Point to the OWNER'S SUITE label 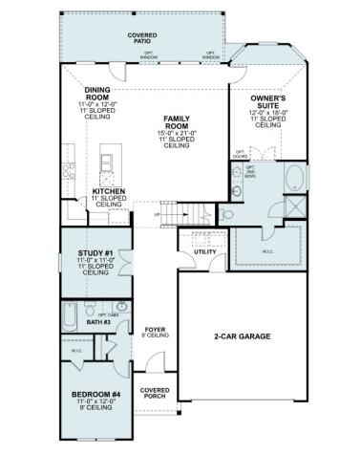271,102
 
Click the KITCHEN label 109,191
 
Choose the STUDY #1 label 96,252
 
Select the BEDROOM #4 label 95,394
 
